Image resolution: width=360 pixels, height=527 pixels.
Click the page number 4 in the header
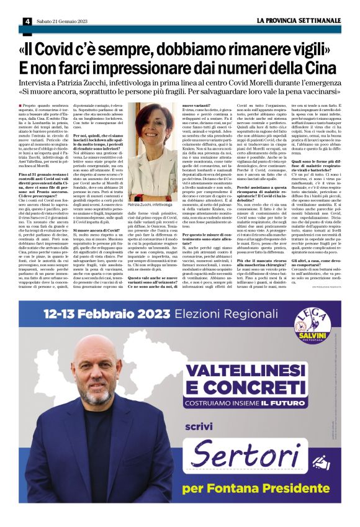[28, 21]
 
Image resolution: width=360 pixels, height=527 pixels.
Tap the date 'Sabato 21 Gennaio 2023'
[61, 21]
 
